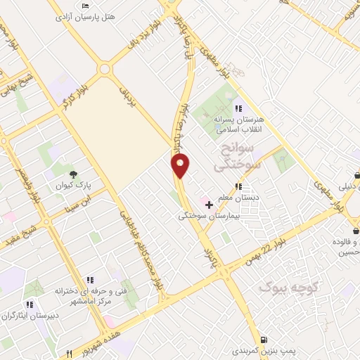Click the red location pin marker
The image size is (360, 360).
click(x=181, y=165)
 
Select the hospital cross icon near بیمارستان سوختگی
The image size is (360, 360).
click(x=208, y=205)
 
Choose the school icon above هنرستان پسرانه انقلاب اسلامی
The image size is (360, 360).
click(x=238, y=108)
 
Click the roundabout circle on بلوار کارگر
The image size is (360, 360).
click(x=105, y=70)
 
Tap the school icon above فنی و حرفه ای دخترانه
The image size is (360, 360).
click(x=89, y=280)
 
